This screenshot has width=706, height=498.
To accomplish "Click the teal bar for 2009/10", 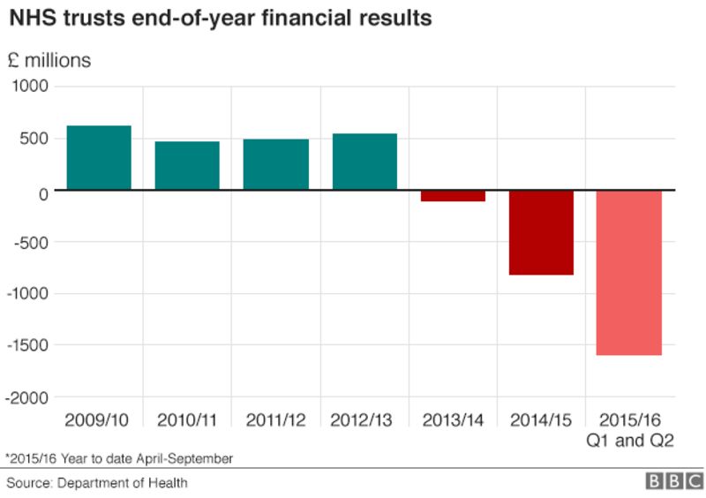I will click(x=99, y=158).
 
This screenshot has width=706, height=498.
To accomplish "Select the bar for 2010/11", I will click(x=187, y=166).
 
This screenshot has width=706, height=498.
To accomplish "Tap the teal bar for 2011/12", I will click(x=275, y=165).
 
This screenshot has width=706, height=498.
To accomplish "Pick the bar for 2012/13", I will click(x=364, y=162).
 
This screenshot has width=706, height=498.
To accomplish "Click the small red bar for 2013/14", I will click(x=453, y=196).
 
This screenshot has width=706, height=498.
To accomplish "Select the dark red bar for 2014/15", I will click(x=541, y=232).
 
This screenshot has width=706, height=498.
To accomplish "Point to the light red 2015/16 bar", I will click(x=629, y=272).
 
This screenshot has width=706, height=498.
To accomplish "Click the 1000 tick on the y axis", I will click(x=30, y=87).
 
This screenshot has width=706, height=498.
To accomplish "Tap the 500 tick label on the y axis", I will click(x=34, y=139).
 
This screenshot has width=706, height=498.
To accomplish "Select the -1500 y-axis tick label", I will click(x=27, y=346).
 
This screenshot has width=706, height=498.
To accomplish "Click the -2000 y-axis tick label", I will click(x=27, y=398).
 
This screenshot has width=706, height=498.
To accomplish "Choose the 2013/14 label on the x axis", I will click(x=453, y=419).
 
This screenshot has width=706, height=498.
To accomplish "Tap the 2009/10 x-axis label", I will click(x=99, y=419).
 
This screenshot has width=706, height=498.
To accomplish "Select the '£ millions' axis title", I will click(x=49, y=61).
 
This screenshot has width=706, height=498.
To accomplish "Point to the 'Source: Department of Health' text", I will click(x=97, y=483).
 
